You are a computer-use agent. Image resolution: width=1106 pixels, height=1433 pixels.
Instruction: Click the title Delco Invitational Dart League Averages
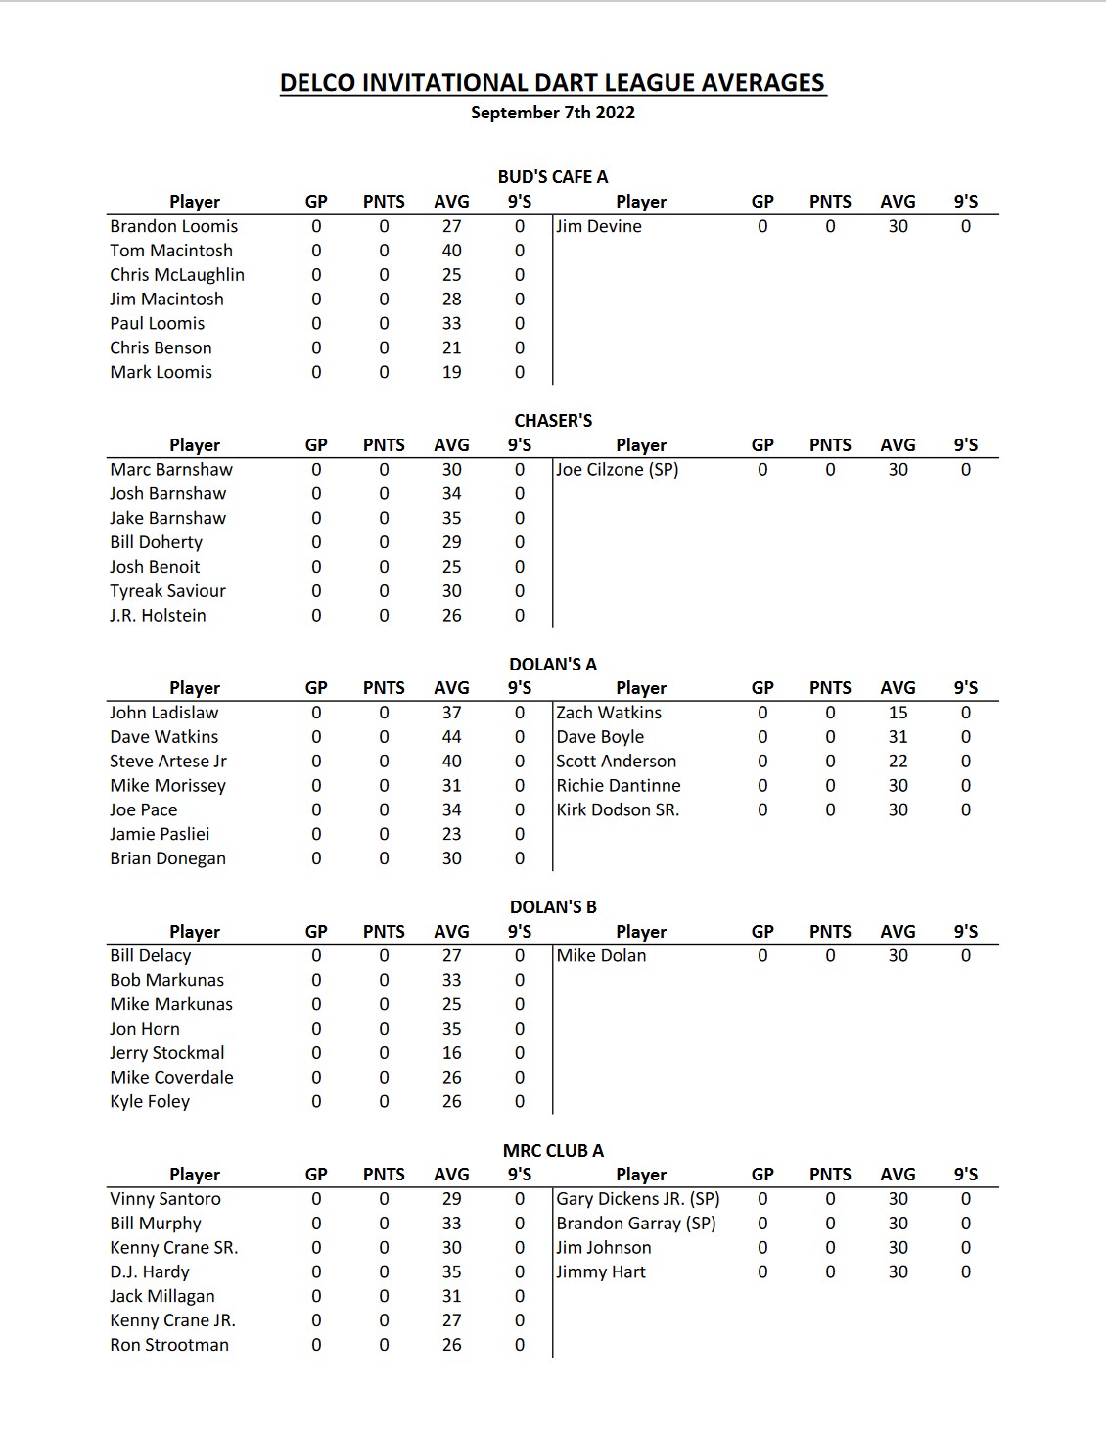[553, 83]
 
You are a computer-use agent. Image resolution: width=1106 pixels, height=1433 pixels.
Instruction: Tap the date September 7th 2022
[553, 113]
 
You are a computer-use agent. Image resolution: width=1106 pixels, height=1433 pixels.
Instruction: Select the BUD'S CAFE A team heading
[553, 177]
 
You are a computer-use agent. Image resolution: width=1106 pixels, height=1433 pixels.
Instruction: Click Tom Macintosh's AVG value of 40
[451, 251]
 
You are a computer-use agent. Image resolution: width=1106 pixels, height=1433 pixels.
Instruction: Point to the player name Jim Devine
[599, 226]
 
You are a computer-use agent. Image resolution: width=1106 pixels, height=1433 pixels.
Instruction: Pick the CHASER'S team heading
[553, 421]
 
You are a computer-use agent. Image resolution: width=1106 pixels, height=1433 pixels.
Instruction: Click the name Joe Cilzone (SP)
[618, 470]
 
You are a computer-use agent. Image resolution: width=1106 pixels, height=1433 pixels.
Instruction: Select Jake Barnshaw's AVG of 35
[451, 518]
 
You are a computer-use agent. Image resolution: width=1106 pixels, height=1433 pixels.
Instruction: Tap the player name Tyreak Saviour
[167, 591]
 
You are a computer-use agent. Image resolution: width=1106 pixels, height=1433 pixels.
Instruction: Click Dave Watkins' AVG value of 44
[451, 737]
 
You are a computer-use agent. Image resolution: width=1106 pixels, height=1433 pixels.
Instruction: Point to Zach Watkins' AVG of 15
[898, 713]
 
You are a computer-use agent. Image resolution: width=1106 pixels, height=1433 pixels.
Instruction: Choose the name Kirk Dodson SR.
[618, 810]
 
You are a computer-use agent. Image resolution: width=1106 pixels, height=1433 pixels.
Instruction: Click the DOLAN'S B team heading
[553, 907]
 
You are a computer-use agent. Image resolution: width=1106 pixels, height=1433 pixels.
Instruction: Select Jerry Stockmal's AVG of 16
[451, 1053]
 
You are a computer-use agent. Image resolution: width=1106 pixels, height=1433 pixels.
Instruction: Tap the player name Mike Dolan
[601, 956]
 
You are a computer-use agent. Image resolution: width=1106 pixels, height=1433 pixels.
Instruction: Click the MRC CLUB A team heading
[553, 1151]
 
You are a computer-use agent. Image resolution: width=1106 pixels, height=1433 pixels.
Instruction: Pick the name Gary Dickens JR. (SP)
[638, 1199]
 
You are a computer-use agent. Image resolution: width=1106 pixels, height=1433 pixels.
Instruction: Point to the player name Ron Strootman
[169, 1345]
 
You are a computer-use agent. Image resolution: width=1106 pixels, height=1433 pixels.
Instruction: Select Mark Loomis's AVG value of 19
[451, 372]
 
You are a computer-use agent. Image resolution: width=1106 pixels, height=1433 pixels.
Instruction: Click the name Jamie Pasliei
[160, 834]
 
